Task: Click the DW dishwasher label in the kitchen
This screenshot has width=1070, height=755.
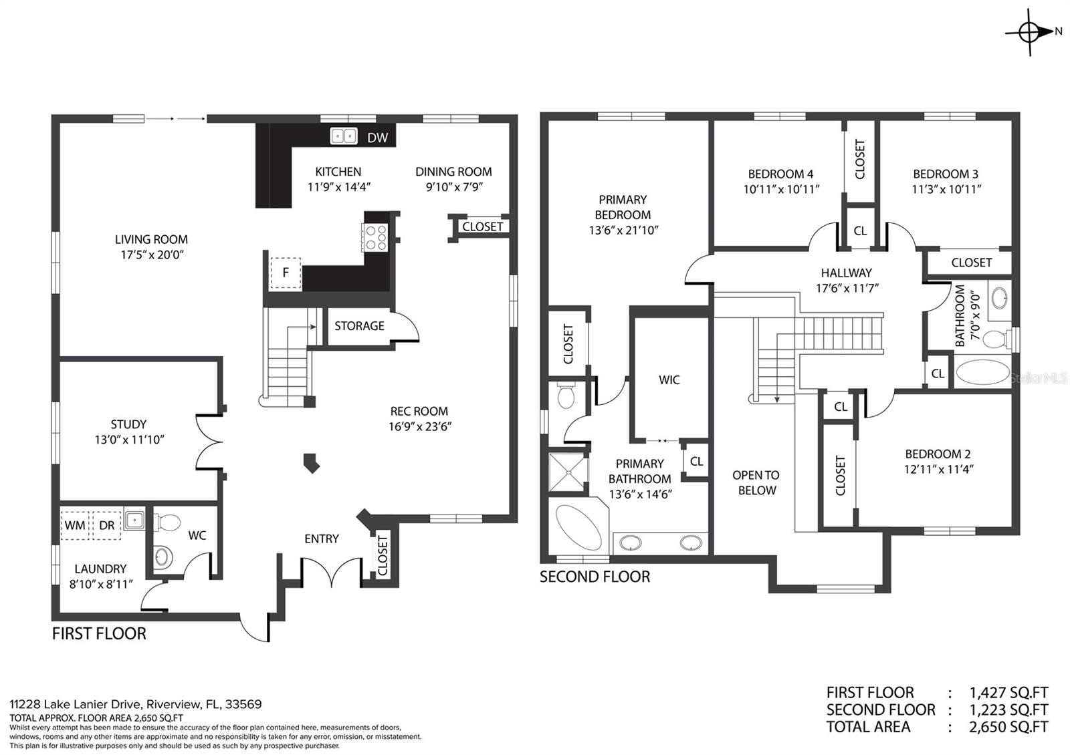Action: (377, 138)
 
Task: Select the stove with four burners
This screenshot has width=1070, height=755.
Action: (374, 237)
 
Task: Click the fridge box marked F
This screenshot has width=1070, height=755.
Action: (286, 273)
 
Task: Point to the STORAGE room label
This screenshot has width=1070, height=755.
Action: (359, 326)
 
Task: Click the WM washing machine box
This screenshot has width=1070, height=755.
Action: (75, 525)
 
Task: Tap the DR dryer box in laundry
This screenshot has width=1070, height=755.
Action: (106, 525)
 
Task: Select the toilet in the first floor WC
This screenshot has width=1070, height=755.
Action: (168, 522)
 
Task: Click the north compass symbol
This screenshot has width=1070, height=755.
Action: (1030, 31)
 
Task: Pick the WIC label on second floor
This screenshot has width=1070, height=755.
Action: (669, 380)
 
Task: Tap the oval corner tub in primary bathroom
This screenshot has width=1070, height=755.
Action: (578, 528)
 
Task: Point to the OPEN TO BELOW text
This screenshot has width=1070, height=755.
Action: (756, 482)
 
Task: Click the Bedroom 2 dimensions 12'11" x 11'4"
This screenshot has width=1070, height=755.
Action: (938, 469)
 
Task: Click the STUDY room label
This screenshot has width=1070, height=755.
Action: (128, 424)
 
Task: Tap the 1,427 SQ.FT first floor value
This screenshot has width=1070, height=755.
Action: (1008, 693)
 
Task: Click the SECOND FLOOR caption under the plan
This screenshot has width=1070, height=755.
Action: (595, 577)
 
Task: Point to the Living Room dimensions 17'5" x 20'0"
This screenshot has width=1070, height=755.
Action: (151, 255)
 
